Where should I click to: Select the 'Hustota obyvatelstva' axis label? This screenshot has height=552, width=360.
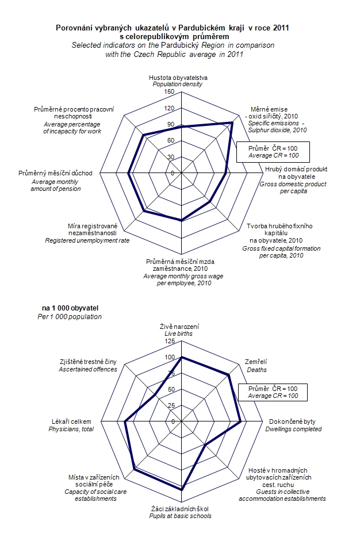tap(178, 77)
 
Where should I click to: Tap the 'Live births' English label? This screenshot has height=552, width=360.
tap(179, 333)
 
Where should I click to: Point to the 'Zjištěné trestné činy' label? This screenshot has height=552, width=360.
tap(88, 362)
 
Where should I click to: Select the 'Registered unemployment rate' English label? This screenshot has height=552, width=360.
tap(87, 240)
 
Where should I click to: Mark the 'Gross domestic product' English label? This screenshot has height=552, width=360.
tap(293, 184)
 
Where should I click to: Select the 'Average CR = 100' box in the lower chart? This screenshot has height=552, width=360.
tap(273, 396)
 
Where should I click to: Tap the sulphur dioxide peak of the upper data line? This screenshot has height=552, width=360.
tap(232, 122)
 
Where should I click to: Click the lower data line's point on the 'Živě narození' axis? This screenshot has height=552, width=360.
tap(182, 358)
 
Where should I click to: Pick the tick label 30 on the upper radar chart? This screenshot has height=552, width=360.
tap(171, 157)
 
